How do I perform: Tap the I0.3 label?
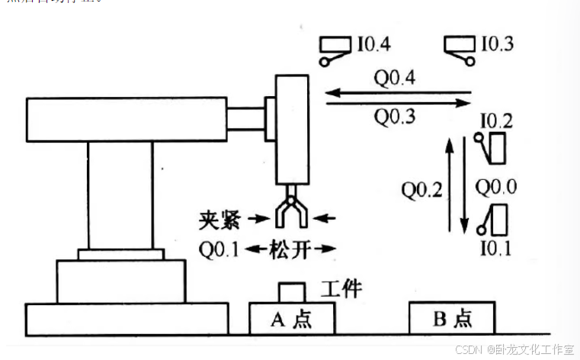pos(497,44)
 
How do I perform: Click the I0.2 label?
pos(496,121)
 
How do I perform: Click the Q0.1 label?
pos(220,249)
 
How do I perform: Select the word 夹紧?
pos(221,220)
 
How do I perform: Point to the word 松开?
pos(290,249)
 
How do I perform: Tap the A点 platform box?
pos(292,317)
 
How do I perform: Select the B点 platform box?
pos(452,317)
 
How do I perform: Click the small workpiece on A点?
pos(291,292)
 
